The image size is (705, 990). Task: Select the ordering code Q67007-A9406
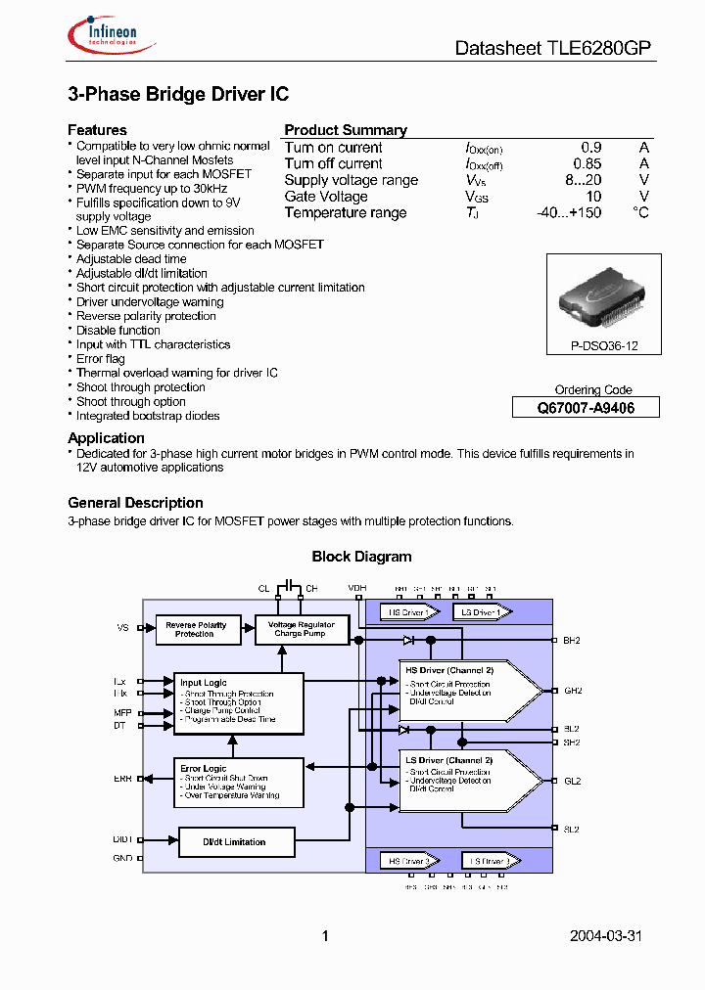(x=586, y=408)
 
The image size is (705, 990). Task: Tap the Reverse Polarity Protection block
(x=199, y=629)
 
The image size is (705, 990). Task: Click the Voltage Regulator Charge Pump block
(x=301, y=629)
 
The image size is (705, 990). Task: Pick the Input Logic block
(x=237, y=701)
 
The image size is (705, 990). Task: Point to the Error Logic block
(x=237, y=781)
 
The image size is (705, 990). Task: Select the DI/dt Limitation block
(x=235, y=841)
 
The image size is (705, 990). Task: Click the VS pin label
(x=122, y=627)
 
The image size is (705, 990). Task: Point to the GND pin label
(x=122, y=858)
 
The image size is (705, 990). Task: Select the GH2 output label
(x=572, y=691)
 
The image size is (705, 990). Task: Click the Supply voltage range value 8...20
(x=583, y=180)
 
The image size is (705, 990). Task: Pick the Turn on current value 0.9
(x=590, y=148)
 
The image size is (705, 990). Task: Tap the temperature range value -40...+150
(x=569, y=212)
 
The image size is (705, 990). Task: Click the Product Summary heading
(x=346, y=130)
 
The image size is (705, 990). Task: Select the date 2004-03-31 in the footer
(x=606, y=936)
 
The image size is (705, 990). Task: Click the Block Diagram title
(x=361, y=557)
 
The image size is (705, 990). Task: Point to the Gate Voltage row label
(x=326, y=197)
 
